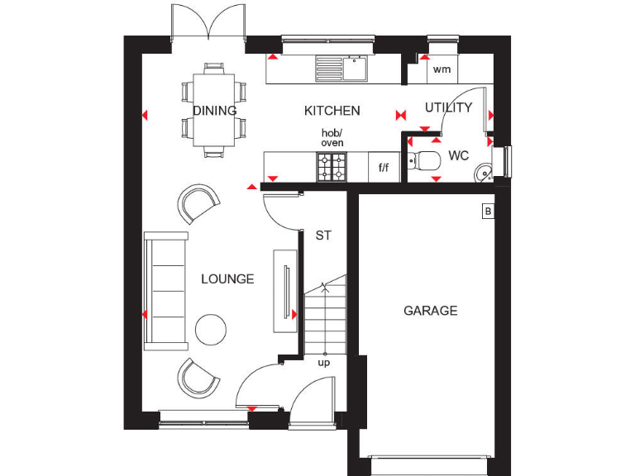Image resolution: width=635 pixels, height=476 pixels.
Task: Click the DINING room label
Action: coord(215,111)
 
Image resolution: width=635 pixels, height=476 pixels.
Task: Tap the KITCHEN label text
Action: coord(332,111)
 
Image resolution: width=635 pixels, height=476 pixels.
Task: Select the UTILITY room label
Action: coord(448,107)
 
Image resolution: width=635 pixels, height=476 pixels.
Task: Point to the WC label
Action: coord(459,155)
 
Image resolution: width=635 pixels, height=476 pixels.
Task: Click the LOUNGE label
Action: coord(227,279)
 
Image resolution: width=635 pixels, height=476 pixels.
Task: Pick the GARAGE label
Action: coord(430,311)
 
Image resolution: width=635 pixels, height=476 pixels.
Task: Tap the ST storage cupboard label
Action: coord(323,236)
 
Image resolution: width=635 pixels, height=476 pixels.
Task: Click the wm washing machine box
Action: coord(442,69)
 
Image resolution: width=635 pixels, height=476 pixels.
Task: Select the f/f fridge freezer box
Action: coord(384,168)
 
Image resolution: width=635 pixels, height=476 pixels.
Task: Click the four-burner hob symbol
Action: coord(332,167)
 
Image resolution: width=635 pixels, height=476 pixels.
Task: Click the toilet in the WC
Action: coord(427,160)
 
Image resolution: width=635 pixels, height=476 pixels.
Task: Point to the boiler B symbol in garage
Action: coord(488,212)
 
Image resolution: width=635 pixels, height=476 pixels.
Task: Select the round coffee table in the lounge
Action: coord(211,330)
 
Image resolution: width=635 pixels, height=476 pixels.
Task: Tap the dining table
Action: coord(215,110)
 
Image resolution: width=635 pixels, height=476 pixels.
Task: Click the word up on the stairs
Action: coord(323,362)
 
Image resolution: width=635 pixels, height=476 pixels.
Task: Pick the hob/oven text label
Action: coord(332,138)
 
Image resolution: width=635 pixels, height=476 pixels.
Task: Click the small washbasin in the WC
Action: coord(485,172)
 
